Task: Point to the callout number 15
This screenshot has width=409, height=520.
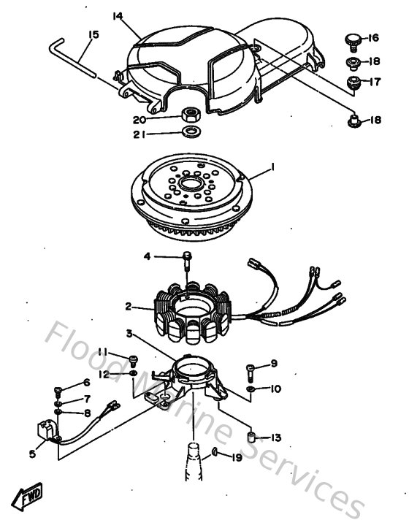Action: point(93,34)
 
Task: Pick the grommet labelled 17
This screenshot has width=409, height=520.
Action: point(353,82)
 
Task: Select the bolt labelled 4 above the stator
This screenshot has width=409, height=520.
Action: point(187,258)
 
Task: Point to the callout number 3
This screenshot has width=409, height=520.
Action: point(128,334)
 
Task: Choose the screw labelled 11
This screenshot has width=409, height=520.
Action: point(133,359)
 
